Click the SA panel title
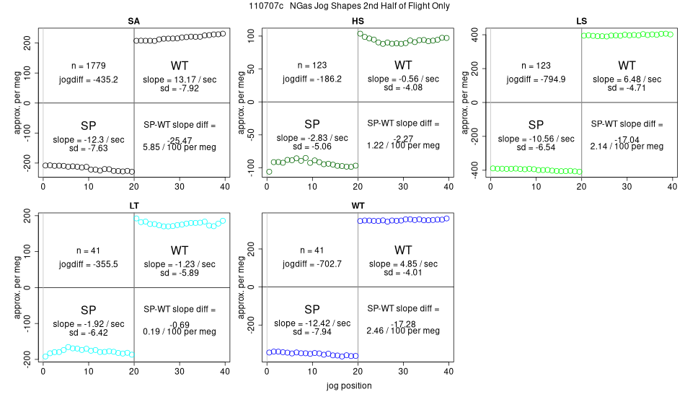(134, 21)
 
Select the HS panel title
(358, 21)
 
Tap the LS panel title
(581, 21)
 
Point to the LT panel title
(134, 206)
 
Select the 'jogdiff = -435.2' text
(89, 79)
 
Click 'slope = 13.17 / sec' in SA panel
(180, 79)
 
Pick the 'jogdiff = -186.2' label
(312, 79)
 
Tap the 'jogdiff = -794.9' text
(536, 79)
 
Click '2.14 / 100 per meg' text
(627, 146)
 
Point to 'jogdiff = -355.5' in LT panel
(89, 264)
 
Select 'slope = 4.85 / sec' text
(403, 264)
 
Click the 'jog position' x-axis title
(348, 386)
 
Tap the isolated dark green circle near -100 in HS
(269, 172)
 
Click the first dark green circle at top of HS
(361, 34)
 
